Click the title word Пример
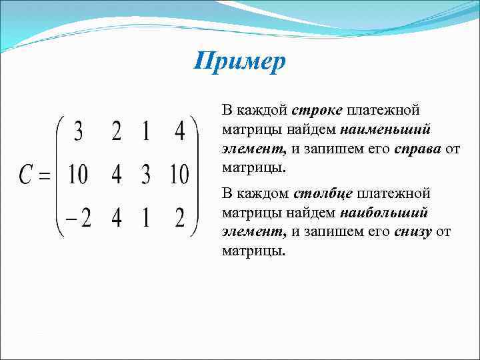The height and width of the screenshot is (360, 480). point(240,63)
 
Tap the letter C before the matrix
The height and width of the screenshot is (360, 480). point(25,176)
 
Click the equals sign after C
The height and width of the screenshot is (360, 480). point(45,177)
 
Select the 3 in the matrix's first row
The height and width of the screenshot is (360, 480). point(79,133)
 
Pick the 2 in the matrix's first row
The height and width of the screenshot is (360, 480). point(117,133)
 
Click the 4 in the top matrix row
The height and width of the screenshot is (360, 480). point(179,133)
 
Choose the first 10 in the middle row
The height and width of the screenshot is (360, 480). point(78,176)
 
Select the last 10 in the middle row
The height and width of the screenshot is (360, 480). point(179,176)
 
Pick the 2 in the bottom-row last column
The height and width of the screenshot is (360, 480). point(179,218)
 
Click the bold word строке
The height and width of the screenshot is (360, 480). point(317,109)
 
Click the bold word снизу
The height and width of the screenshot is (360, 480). point(413,232)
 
